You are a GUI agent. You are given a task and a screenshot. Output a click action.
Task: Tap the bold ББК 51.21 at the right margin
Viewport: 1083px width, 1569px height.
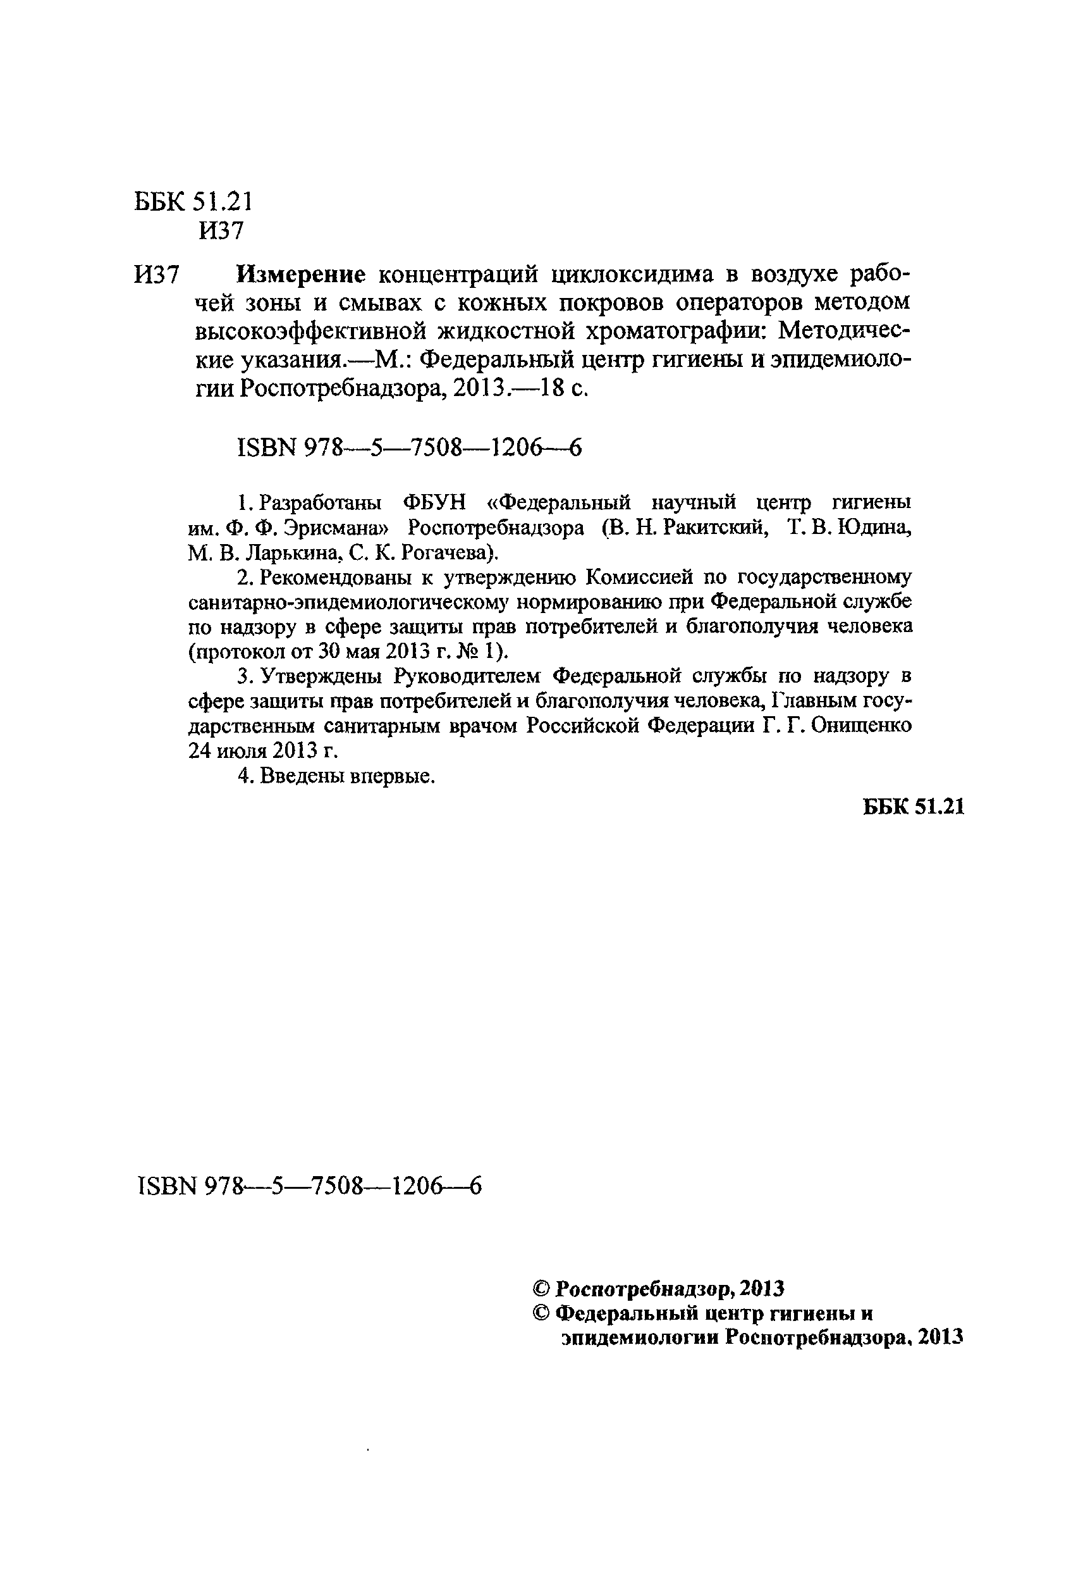[914, 807]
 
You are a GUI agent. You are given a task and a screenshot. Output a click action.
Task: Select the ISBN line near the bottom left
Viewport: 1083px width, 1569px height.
[309, 1186]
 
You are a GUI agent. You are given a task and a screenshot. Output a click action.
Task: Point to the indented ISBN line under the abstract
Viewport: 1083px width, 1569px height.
[410, 447]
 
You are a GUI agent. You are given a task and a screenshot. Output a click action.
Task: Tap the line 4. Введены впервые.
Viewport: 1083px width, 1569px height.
[336, 776]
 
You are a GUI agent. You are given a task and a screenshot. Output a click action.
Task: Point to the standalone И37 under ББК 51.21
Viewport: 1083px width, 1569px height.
[221, 231]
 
